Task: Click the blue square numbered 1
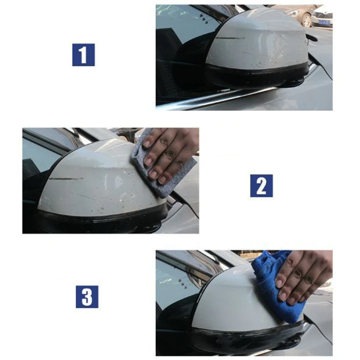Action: click(x=83, y=55)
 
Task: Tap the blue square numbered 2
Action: click(x=261, y=185)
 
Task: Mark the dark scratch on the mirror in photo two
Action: click(x=66, y=179)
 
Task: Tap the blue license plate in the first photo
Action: click(x=324, y=21)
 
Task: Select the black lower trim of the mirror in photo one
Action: click(x=256, y=76)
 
